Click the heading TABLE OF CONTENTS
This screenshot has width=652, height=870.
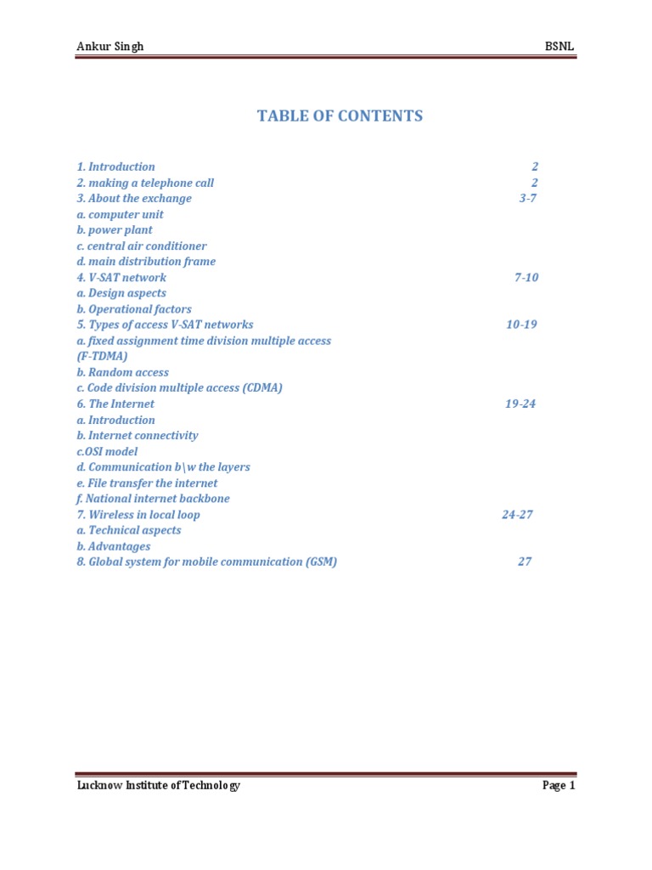click(340, 116)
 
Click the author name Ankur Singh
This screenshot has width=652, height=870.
click(110, 47)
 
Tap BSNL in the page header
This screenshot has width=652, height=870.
click(559, 47)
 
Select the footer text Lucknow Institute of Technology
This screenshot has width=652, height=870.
click(158, 786)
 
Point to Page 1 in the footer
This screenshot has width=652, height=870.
click(559, 786)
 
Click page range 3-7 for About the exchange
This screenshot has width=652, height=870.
click(528, 199)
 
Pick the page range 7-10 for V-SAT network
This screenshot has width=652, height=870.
click(526, 278)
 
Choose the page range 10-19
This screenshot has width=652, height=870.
click(521, 325)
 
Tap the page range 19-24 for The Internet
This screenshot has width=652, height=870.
click(520, 404)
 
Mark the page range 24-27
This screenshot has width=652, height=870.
click(517, 515)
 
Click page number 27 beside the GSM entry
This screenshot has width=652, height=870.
click(525, 562)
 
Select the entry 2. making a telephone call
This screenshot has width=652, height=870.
click(145, 183)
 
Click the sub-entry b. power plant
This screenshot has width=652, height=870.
click(115, 230)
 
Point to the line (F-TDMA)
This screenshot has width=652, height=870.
click(102, 357)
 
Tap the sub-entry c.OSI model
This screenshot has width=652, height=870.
click(107, 451)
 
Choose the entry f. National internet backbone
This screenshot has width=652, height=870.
click(153, 499)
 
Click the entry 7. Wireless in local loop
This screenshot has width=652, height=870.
click(138, 515)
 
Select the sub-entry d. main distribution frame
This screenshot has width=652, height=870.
click(146, 262)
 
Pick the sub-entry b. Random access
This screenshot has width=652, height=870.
click(122, 372)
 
